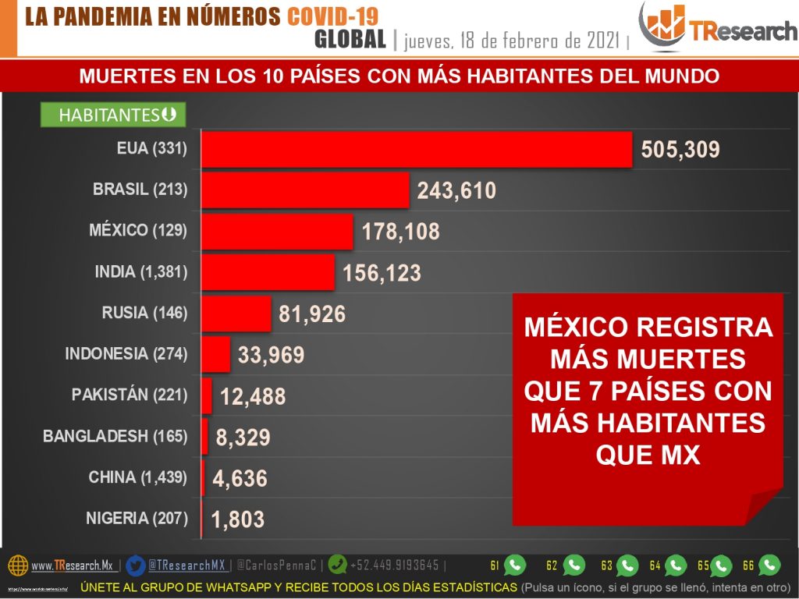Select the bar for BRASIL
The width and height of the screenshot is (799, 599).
pyautogui.click(x=305, y=190)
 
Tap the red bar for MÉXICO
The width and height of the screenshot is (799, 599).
pyautogui.click(x=277, y=231)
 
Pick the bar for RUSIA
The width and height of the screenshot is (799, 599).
pyautogui.click(x=236, y=314)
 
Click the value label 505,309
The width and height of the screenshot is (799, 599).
pyautogui.click(x=680, y=150)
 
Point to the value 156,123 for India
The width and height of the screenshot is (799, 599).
pyautogui.click(x=382, y=273)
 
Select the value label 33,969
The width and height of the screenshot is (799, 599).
pyautogui.click(x=271, y=356)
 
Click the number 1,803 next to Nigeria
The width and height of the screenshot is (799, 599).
pyautogui.click(x=238, y=519)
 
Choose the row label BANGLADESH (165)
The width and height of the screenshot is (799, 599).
pyautogui.click(x=115, y=436)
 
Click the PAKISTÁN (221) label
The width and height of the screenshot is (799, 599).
pyautogui.click(x=130, y=395)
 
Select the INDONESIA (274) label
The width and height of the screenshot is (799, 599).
pyautogui.click(x=126, y=353)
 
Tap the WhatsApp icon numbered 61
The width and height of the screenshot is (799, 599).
pyautogui.click(x=515, y=565)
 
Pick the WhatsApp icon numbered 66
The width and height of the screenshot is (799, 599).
pyautogui.click(x=769, y=565)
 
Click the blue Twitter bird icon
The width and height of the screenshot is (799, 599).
pyautogui.click(x=136, y=565)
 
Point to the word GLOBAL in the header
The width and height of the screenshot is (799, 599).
pyautogui.click(x=350, y=40)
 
